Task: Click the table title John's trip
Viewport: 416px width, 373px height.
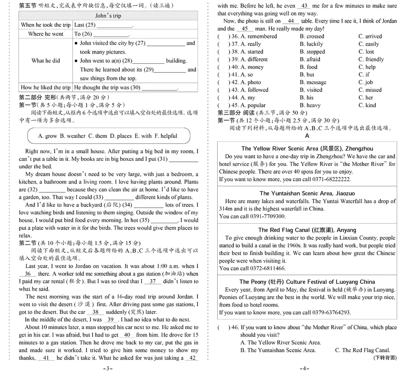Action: (x=108, y=16)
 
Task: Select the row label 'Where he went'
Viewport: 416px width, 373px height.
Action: (x=45, y=34)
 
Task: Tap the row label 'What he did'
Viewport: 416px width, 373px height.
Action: (x=45, y=61)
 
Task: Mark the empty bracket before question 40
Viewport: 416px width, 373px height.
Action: (x=223, y=67)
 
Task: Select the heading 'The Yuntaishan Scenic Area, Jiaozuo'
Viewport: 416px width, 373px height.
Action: (x=307, y=193)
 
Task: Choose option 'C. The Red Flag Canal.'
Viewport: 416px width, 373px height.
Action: (x=362, y=350)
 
